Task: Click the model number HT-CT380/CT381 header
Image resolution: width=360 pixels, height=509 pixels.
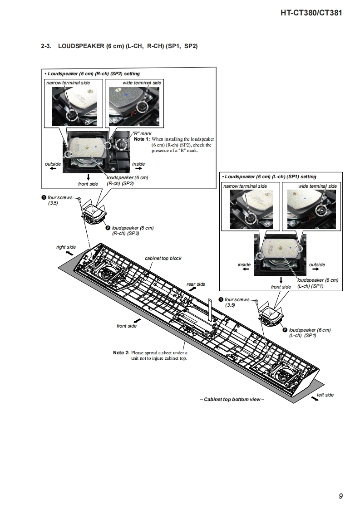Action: click(311, 13)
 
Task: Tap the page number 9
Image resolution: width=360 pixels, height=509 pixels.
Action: click(340, 496)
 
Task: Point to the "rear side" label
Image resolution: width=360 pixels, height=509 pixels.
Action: click(196, 284)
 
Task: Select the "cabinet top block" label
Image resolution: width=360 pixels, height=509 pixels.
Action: click(163, 258)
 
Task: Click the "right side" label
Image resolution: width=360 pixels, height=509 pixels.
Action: click(66, 247)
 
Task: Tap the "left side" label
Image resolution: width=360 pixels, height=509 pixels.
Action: click(325, 395)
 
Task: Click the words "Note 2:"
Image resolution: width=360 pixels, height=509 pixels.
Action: click(121, 352)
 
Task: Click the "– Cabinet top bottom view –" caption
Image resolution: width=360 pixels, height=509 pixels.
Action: click(232, 399)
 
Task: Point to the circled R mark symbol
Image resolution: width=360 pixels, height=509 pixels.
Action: click(121, 145)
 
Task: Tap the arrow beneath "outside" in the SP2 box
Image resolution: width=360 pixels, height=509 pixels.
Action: click(53, 169)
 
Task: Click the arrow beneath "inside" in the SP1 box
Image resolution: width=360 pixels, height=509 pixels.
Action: click(245, 269)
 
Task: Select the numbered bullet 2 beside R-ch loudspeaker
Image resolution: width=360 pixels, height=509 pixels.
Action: click(108, 228)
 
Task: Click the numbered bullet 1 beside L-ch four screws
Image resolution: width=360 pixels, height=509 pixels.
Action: click(221, 300)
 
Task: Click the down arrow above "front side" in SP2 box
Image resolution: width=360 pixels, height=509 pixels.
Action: click(88, 177)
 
